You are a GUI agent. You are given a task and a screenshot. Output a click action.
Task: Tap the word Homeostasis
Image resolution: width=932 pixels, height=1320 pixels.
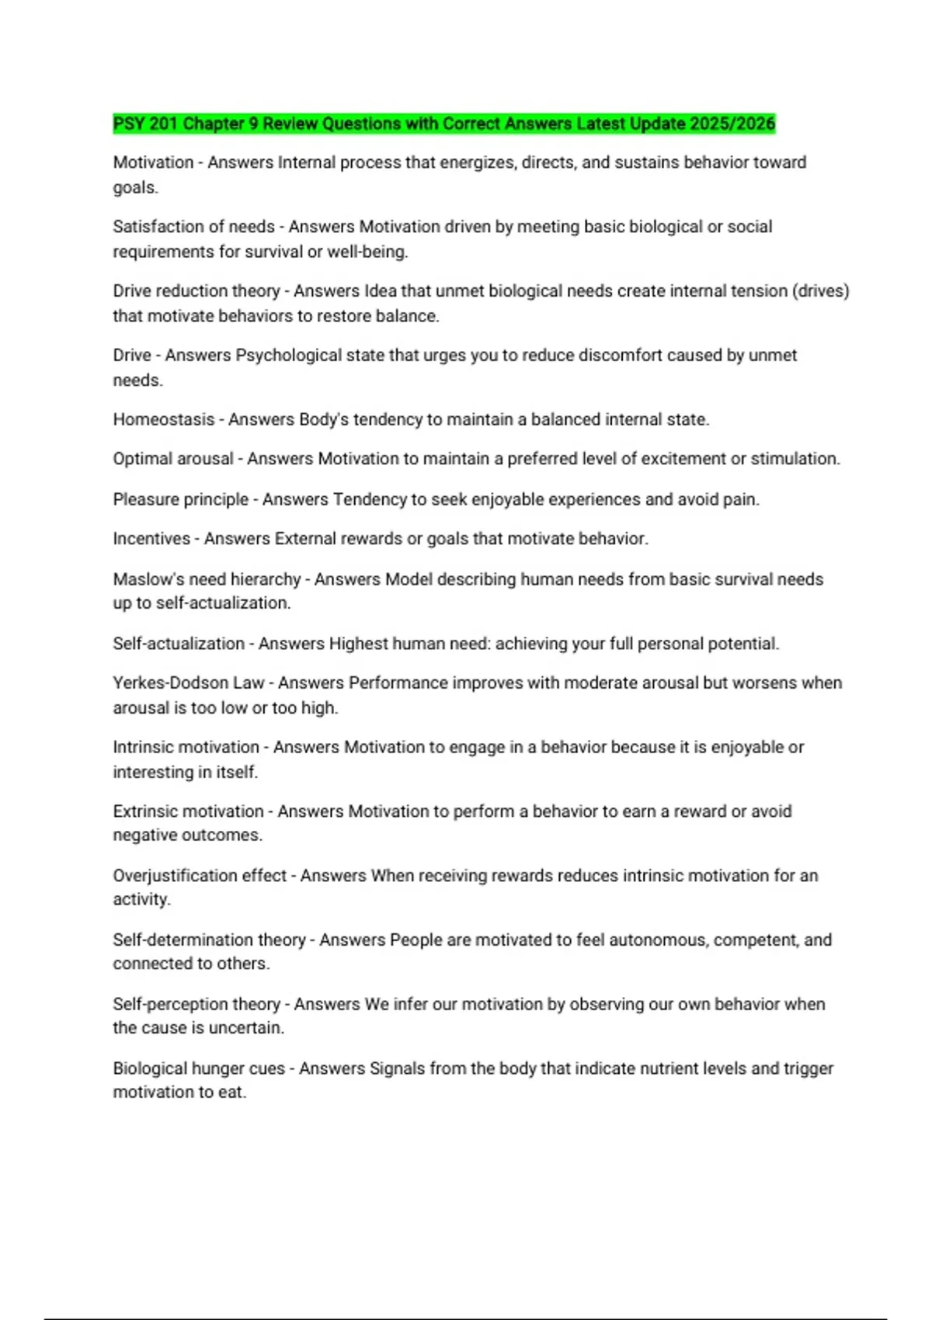click(164, 420)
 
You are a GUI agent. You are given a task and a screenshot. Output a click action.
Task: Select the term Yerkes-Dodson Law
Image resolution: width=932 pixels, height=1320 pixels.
click(189, 683)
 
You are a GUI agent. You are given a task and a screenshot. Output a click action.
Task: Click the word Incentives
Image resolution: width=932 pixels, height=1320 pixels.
click(151, 539)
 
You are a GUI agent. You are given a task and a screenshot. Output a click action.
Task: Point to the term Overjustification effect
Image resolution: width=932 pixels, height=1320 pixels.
click(200, 876)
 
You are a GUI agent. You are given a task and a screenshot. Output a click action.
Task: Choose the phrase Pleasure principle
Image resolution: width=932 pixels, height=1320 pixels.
click(181, 499)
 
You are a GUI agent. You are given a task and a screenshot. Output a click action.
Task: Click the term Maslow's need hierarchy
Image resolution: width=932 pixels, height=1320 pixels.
click(207, 579)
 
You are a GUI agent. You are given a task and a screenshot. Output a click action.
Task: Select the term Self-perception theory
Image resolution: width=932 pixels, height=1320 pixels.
click(196, 1004)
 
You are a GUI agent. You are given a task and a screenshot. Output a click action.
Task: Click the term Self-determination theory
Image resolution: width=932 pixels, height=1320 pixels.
click(210, 940)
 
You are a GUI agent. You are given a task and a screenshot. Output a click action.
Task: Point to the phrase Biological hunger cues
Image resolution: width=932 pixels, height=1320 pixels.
click(199, 1068)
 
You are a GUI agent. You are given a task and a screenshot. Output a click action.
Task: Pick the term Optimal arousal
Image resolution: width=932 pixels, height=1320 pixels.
click(173, 459)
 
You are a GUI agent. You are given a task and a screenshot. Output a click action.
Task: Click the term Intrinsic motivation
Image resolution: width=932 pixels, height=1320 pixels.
click(186, 747)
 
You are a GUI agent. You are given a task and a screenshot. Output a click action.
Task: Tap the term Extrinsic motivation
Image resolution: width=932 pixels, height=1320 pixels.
click(189, 811)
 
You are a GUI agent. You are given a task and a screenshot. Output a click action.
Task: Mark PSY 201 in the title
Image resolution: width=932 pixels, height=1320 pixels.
click(145, 123)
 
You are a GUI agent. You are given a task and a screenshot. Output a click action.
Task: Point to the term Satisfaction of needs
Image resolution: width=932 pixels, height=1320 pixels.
click(193, 227)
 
